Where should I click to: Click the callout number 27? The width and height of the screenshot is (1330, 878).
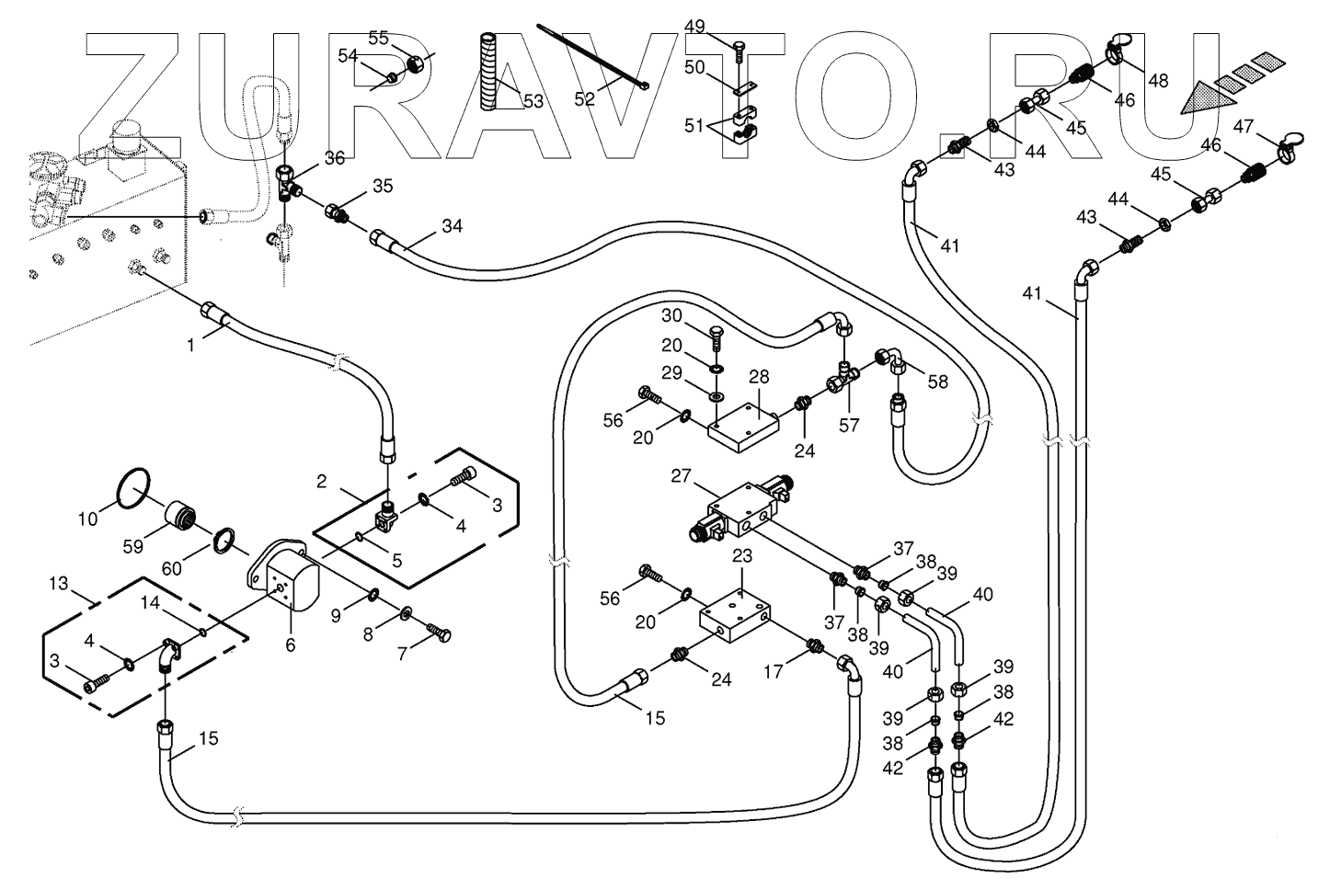680,475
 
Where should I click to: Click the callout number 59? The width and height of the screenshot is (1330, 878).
133,546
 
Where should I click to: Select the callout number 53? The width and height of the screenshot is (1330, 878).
533,100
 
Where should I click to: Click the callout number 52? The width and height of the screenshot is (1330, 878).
585,99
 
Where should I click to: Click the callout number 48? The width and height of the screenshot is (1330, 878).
1158,80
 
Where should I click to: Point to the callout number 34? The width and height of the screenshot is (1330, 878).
453,226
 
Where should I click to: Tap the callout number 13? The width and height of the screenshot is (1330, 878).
59,583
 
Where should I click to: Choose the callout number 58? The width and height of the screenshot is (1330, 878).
936,382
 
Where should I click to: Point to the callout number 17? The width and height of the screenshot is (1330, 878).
774,671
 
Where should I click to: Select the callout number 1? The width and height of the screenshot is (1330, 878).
190,346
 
